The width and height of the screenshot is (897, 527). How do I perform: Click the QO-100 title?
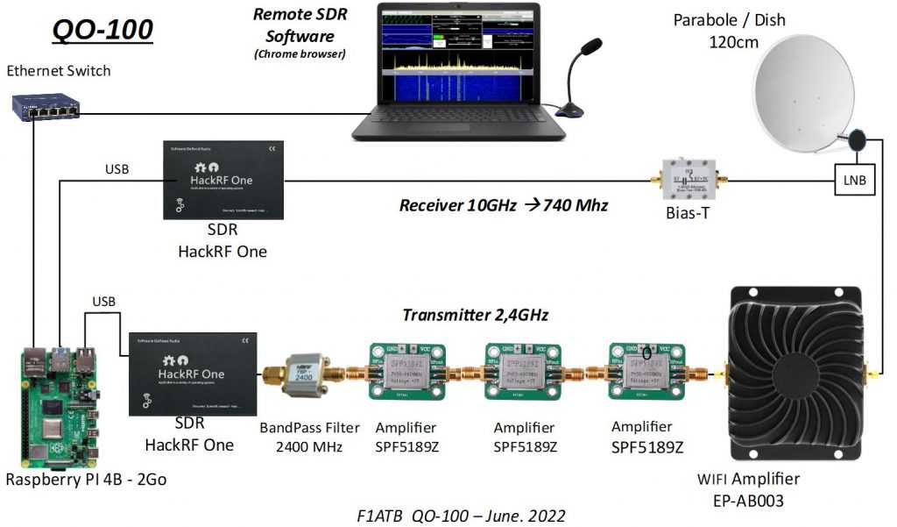click(x=102, y=29)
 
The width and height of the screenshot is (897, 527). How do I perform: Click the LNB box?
click(x=854, y=182)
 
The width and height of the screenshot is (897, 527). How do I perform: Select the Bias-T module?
click(x=689, y=182)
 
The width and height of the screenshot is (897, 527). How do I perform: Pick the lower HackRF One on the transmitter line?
click(x=193, y=374)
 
